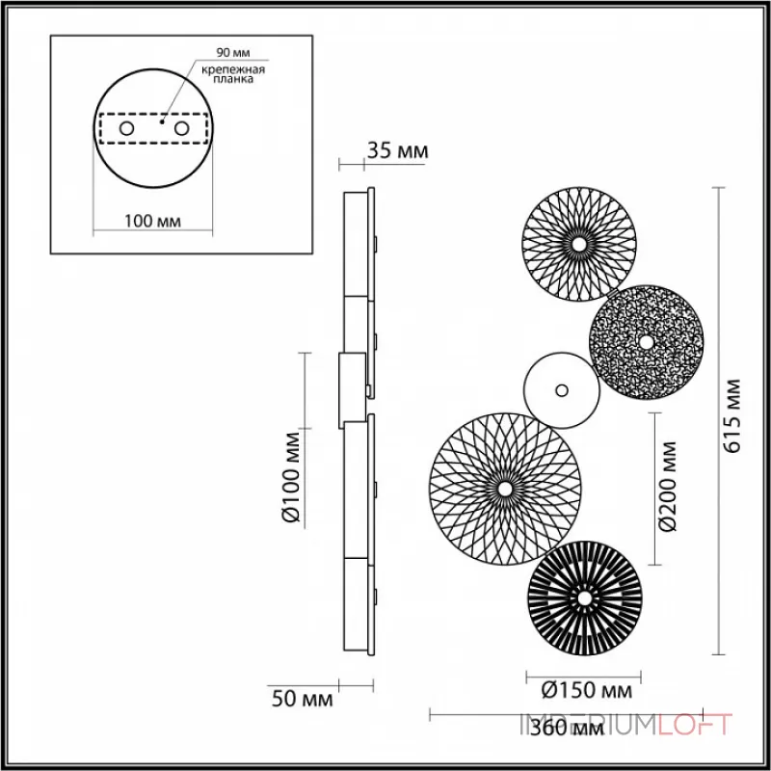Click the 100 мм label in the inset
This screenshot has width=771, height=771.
tap(154, 222)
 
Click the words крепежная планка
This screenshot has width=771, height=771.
tap(234, 77)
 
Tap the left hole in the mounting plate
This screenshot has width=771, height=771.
tap(126, 128)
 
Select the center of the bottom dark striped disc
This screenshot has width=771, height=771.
tap(582, 598)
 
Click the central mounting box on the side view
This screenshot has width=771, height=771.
tap(352, 390)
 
